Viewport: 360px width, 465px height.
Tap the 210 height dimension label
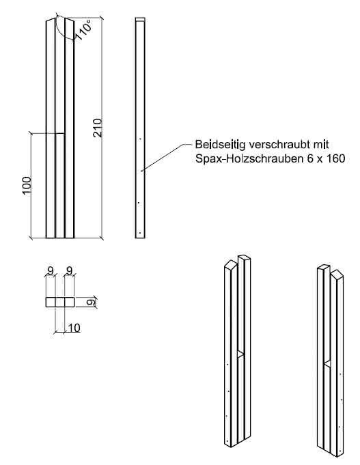click(98, 127)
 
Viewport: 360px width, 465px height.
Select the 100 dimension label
click(27, 185)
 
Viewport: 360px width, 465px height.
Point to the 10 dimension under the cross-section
click(74, 328)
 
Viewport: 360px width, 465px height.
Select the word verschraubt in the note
click(280, 145)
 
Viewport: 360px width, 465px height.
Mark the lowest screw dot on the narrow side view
click(139, 232)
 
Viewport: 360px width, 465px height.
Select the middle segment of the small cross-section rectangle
click(59, 301)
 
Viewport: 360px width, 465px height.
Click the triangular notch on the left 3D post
click(239, 354)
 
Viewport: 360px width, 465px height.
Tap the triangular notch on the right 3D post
click(328, 363)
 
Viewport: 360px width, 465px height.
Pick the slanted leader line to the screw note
click(164, 157)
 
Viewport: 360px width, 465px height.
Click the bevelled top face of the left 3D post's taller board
click(244, 258)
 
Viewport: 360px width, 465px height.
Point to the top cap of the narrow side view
click(141, 20)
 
